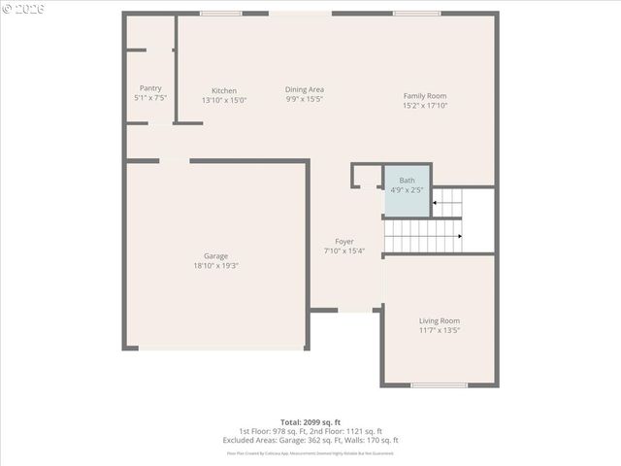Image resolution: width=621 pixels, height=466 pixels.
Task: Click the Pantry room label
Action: pos(150,88)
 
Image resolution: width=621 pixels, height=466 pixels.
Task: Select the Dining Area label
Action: pos(304,89)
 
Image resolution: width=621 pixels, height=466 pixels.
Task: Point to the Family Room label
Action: pos(425,95)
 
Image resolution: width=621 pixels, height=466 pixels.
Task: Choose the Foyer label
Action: pos(344,242)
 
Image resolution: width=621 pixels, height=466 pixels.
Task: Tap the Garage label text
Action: pos(215,256)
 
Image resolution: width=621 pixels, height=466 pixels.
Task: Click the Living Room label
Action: pos(440,320)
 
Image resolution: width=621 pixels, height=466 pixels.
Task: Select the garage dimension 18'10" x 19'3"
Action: pos(215,266)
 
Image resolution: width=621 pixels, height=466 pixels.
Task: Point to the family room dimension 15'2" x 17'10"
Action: pos(425,105)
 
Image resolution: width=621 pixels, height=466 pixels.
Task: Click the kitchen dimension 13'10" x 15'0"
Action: pos(224,100)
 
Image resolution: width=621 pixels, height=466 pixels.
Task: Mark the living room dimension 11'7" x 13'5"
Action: pos(440,330)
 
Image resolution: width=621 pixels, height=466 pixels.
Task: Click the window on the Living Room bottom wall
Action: pos(439,385)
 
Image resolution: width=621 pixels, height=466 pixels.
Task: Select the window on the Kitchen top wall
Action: pos(220,13)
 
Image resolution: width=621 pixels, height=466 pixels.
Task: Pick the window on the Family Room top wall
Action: pos(416,13)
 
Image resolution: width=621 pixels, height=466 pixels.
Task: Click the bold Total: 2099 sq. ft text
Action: pos(310,422)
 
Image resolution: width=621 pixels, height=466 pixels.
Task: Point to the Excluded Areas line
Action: pos(310,440)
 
